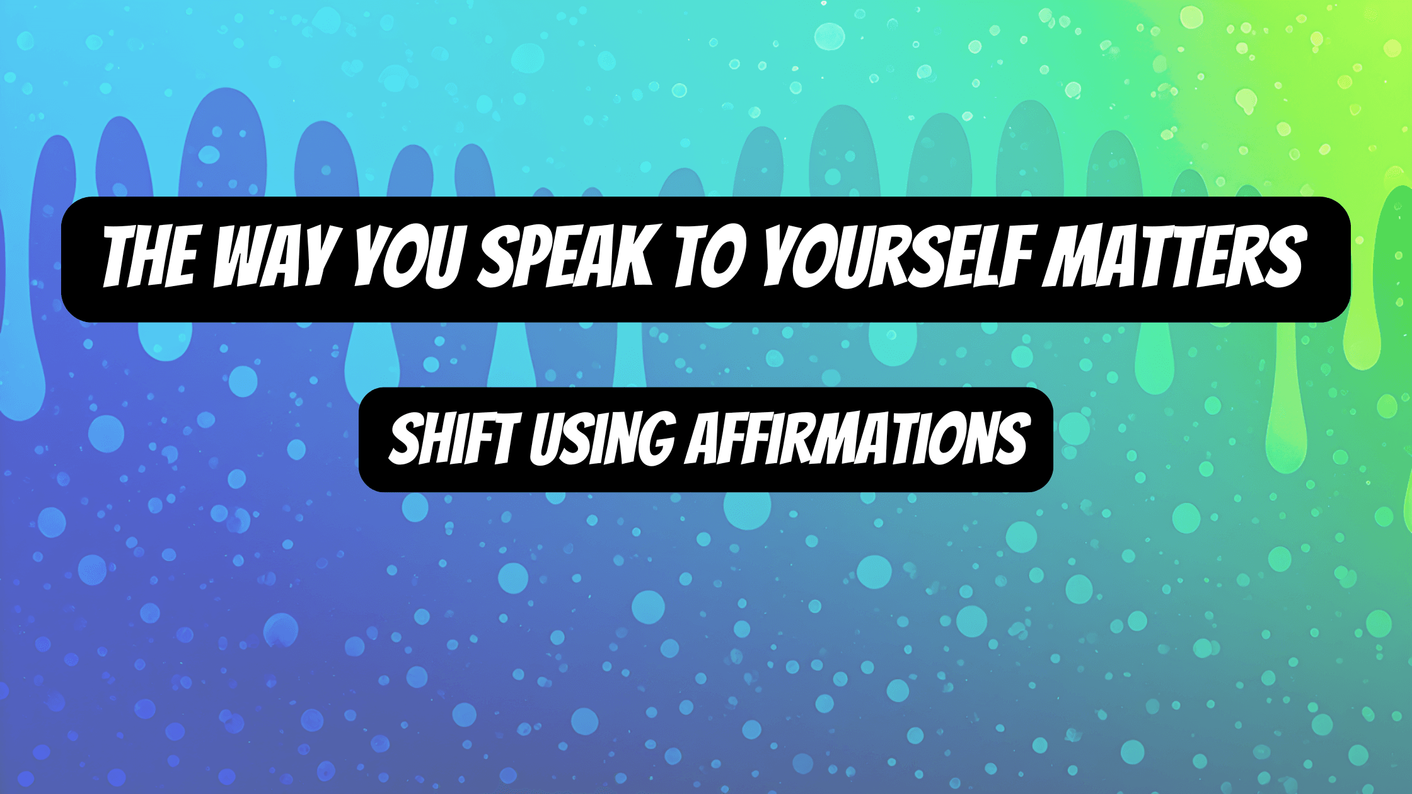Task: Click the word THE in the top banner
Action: [150, 258]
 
